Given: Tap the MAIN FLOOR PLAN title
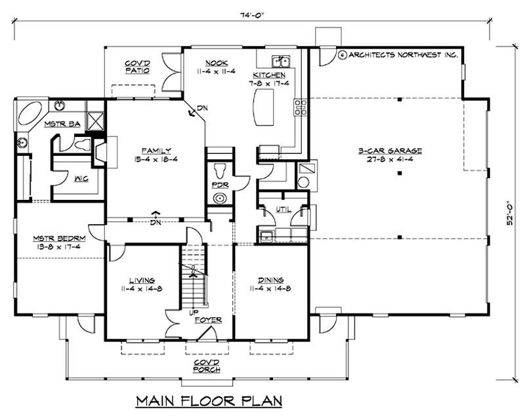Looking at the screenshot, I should click(209, 400).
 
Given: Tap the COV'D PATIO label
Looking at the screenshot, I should click(137, 67).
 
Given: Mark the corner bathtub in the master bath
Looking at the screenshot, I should click(31, 117).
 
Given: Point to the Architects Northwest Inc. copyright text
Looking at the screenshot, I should click(398, 55).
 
